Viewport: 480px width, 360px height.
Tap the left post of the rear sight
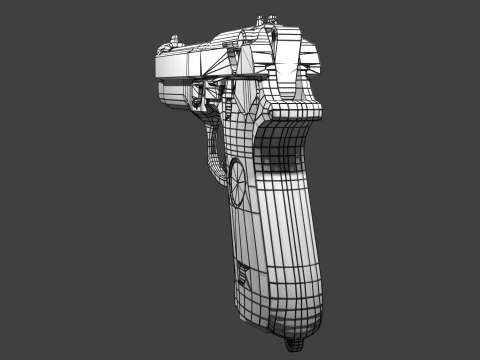point(262,21)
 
